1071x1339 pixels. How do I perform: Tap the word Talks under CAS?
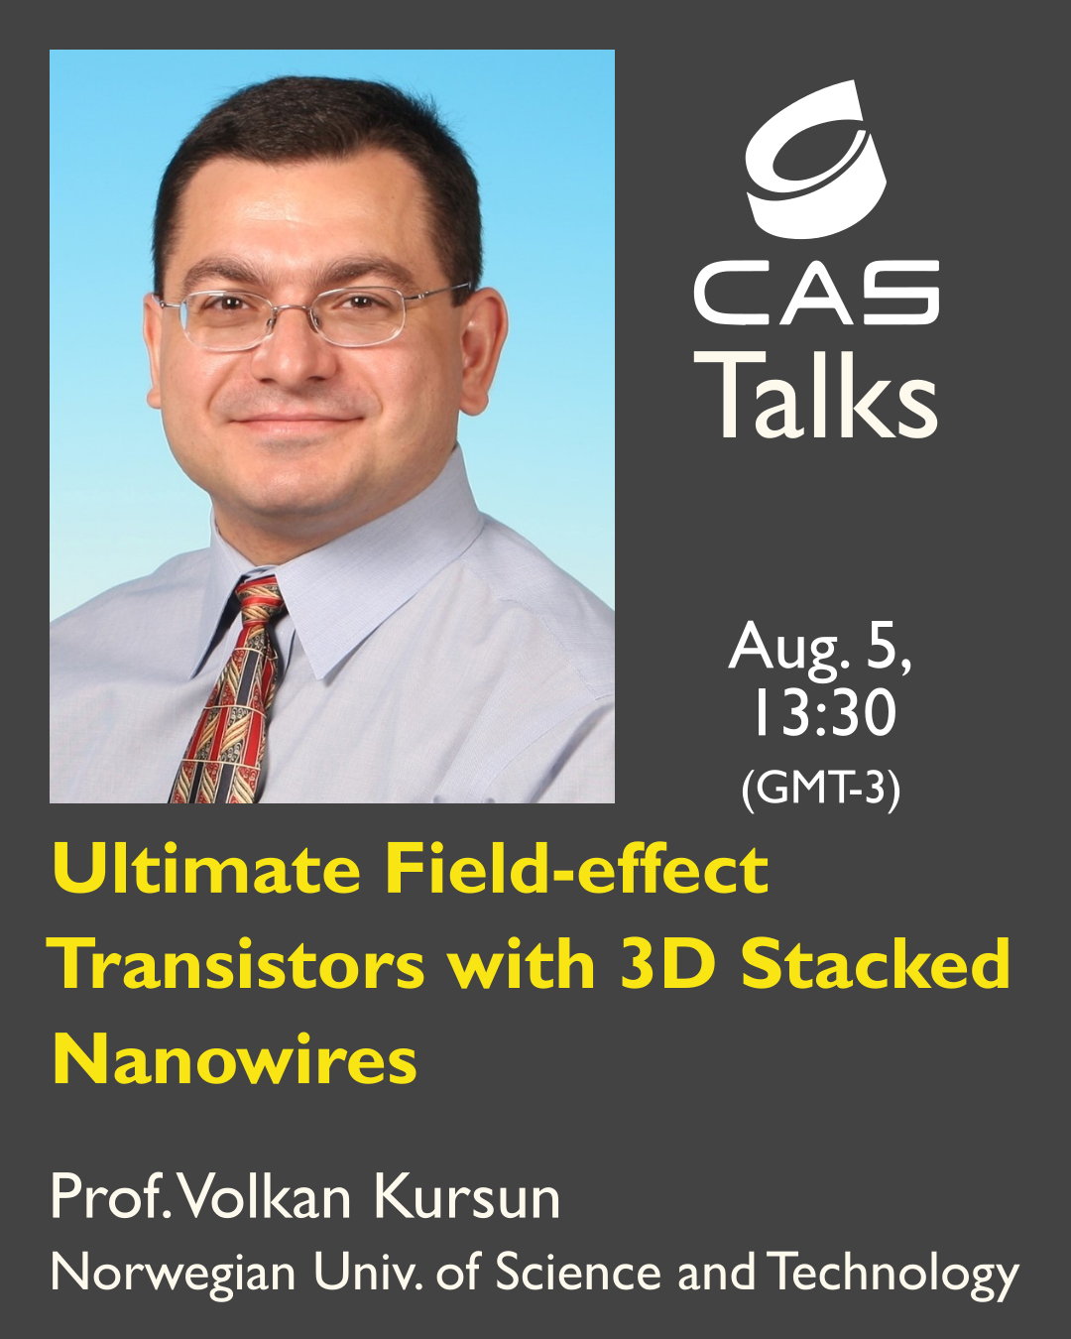(816, 395)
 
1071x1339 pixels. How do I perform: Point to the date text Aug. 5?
(820, 647)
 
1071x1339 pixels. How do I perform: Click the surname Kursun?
(467, 1198)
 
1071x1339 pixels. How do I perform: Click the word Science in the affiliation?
(577, 1273)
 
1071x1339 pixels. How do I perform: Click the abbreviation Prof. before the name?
(111, 1198)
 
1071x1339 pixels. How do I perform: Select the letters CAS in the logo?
(816, 293)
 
